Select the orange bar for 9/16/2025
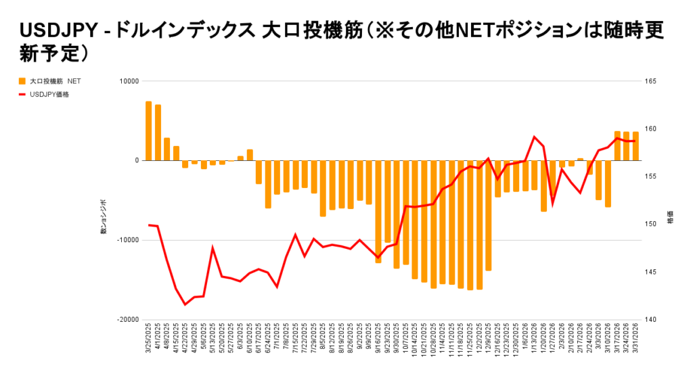[x=378, y=212]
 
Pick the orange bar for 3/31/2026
[x=635, y=146]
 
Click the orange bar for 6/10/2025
[x=250, y=156]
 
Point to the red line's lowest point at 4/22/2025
[x=185, y=304]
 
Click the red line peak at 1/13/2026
[x=535, y=137]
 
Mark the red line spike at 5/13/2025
[x=213, y=248]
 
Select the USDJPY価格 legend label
[x=49, y=95]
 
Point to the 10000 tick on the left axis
[x=129, y=81]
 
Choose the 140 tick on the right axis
[x=650, y=319]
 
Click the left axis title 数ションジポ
[x=104, y=216]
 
